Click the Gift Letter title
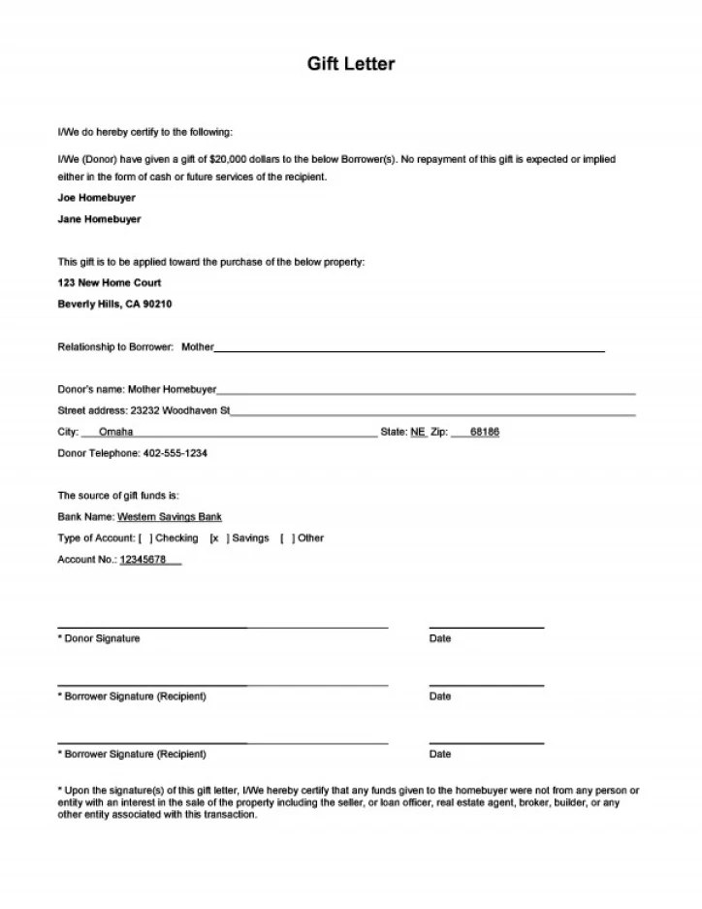tap(351, 64)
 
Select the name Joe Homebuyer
tap(97, 198)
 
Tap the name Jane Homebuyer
tap(99, 219)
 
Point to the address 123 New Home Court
tap(110, 283)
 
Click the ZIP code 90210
tap(157, 305)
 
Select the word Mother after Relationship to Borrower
tap(198, 346)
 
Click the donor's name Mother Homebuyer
tap(172, 389)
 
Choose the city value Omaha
tap(116, 432)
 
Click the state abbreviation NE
tap(418, 432)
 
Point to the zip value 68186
tap(484, 432)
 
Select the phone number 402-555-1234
tap(175, 453)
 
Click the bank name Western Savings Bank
tap(170, 517)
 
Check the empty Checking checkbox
tap(145, 538)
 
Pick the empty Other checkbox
tap(288, 538)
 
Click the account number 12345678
tap(144, 560)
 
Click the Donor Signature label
tap(102, 638)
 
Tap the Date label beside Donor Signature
tap(440, 638)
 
